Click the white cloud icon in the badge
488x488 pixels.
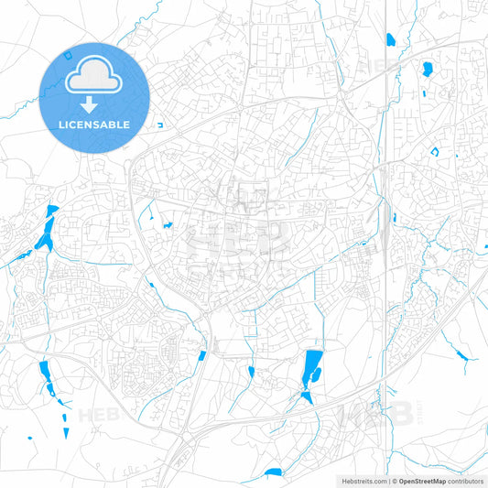coord(94,81)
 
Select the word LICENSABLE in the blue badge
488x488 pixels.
coord(94,125)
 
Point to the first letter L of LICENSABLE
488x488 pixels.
coord(61,125)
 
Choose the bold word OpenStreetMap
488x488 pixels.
coord(416,481)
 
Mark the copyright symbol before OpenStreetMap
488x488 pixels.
coord(391,481)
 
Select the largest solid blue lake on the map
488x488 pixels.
coord(312,367)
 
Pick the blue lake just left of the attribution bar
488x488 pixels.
coord(273,472)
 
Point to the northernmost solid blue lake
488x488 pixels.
coord(391,39)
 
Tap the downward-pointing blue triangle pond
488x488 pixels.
coord(307,396)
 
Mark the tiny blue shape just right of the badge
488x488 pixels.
coord(159,125)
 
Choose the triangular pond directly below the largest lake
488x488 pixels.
coord(307,396)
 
